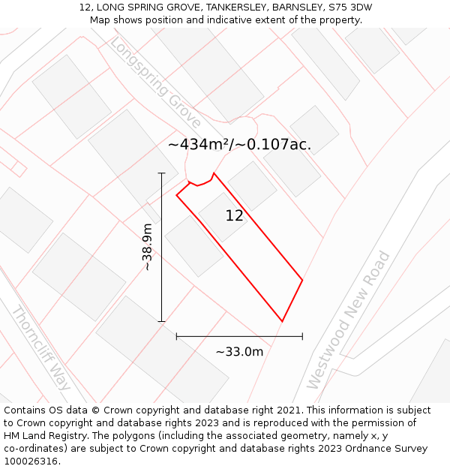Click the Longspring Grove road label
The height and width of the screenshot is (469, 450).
[155, 83]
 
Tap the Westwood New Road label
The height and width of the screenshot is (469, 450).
[349, 320]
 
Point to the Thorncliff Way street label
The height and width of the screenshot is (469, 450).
[40, 348]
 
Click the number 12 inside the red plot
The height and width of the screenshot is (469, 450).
[234, 216]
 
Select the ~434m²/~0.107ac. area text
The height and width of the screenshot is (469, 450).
[239, 144]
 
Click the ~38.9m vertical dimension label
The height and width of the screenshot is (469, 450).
[147, 247]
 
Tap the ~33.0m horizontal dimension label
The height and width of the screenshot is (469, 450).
[239, 351]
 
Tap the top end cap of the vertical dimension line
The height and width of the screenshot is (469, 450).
[161, 173]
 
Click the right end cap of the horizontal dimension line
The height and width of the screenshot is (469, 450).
[302, 336]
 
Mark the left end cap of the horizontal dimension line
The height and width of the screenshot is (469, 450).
[176, 336]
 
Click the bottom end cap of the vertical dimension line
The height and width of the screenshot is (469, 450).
[161, 321]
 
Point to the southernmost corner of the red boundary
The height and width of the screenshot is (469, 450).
[282, 321]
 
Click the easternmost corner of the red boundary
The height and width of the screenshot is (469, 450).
[302, 281]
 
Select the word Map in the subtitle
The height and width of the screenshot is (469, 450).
[100, 20]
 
